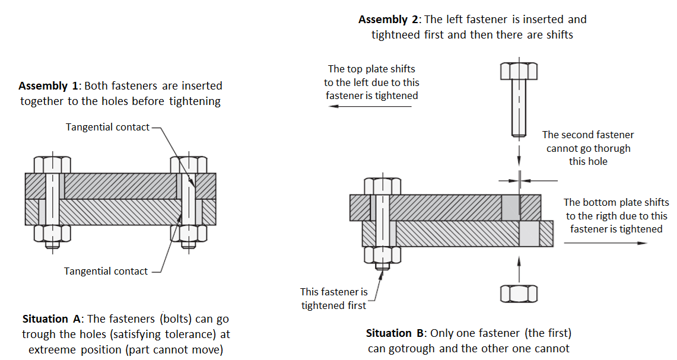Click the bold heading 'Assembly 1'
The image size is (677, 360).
click(45, 86)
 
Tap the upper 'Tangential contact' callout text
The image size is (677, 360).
click(107, 127)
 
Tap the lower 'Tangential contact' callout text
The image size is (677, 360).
click(106, 271)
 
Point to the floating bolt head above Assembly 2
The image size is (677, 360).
click(519, 71)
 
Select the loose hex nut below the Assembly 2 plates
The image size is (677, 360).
click(519, 294)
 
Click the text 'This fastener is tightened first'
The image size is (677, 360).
click(334, 298)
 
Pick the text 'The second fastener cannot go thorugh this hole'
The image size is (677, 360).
click(588, 148)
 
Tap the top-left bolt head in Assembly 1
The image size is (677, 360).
click(52, 164)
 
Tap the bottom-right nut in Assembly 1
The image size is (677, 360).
click(189, 234)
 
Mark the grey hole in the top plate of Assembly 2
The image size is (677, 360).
click(510, 207)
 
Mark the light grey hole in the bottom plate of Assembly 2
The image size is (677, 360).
click(529, 234)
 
